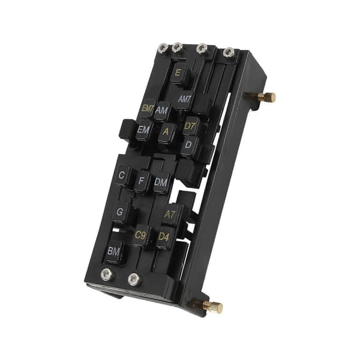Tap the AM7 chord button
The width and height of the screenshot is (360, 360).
coord(185,100)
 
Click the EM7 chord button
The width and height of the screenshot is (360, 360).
coord(148,108)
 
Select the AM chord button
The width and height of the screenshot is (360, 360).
coord(162,110)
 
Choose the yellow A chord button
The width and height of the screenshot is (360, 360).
coord(166,133)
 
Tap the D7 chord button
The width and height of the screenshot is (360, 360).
coord(190,126)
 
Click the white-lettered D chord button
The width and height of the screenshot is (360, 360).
coord(189,145)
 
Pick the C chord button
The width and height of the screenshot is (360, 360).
coord(122,176)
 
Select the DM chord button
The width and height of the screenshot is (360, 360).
coord(161,183)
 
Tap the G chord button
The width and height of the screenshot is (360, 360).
coord(121,212)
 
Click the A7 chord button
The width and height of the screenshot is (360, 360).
coord(170,215)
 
